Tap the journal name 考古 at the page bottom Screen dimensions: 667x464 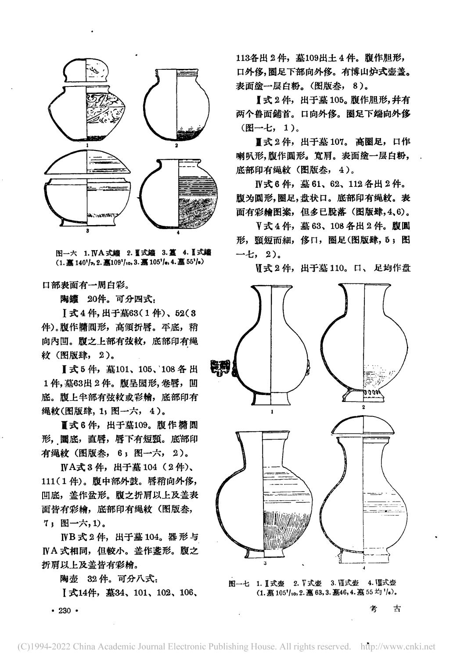[386, 610]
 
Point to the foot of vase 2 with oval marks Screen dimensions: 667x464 [364, 393]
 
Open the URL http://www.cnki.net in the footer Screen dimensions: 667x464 [397, 646]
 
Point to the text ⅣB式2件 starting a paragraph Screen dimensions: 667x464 [83, 537]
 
